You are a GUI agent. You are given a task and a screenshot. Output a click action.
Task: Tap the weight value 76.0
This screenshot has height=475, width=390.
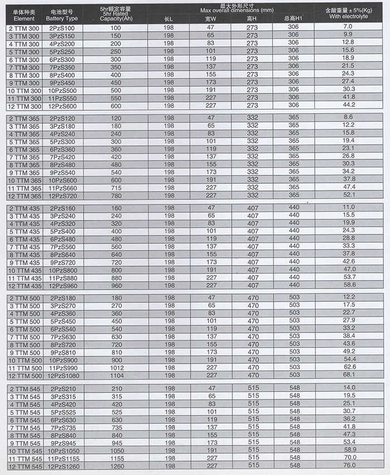tap(349, 466)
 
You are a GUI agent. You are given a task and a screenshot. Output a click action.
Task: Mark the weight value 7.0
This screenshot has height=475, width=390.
tap(348, 27)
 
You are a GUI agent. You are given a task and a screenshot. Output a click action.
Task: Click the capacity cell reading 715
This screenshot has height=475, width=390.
tap(115, 188)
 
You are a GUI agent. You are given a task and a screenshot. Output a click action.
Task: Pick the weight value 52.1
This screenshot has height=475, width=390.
tap(349, 196)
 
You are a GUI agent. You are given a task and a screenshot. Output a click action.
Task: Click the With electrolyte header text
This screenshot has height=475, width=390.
tap(349, 17)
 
